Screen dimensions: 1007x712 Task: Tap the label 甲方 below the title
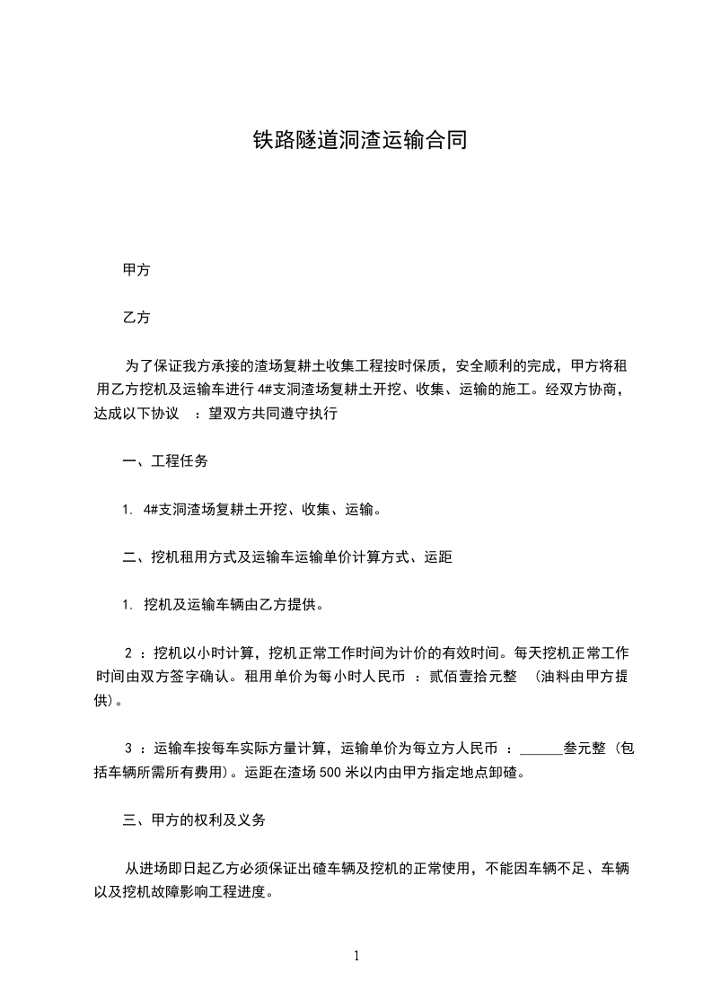click(136, 269)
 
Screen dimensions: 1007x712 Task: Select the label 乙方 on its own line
click(136, 318)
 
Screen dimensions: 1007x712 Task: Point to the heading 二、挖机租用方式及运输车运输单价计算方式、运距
click(287, 557)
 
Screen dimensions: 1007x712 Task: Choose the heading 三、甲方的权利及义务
click(194, 820)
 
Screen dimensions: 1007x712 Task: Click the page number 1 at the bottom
click(356, 956)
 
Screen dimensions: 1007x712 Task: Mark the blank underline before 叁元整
click(541, 749)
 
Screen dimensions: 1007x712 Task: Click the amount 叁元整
click(585, 749)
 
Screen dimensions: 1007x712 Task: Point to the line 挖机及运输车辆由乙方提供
click(233, 605)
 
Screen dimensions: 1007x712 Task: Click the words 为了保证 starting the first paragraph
click(151, 366)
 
